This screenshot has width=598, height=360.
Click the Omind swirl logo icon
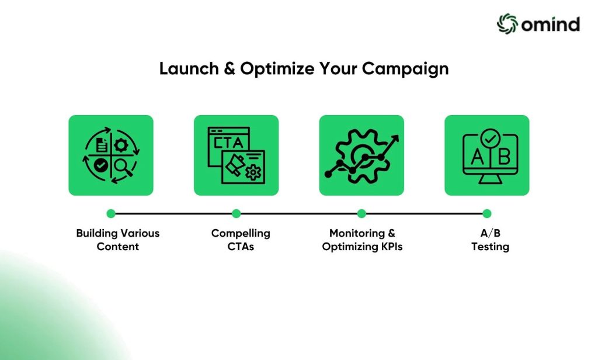click(x=507, y=23)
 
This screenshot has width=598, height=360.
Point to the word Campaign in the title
click(x=405, y=69)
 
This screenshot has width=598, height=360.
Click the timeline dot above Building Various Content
click(x=111, y=214)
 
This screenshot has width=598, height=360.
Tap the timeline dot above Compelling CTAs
click(x=236, y=214)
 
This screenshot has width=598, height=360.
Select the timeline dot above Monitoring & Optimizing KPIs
click(x=361, y=214)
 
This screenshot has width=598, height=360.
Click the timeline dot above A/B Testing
click(x=487, y=214)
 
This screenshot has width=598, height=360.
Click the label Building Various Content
click(x=117, y=240)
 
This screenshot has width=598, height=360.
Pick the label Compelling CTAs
click(x=241, y=240)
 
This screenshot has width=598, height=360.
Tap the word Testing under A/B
click(x=490, y=247)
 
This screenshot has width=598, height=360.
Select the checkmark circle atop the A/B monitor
click(x=486, y=139)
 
